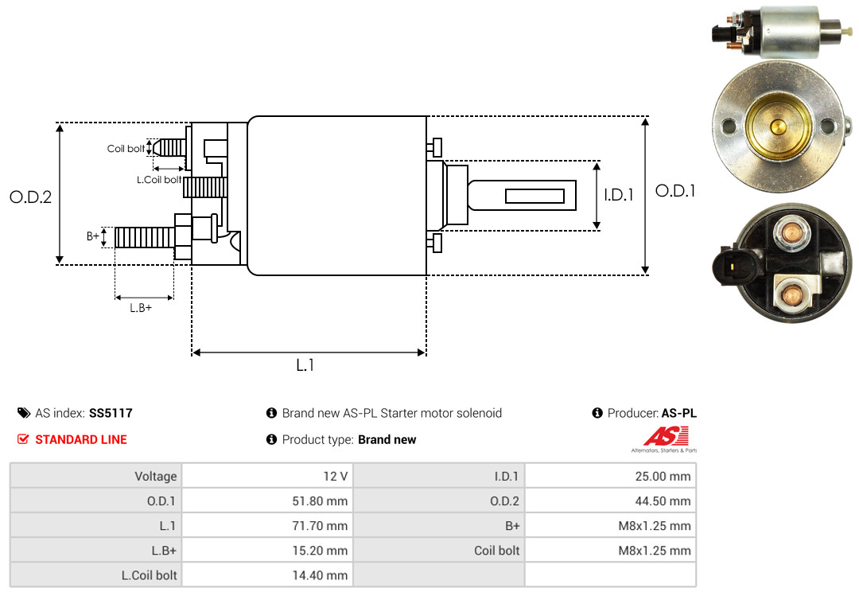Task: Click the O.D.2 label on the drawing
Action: click(x=31, y=197)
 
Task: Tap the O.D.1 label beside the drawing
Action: click(x=675, y=191)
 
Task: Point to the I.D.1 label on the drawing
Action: click(x=619, y=195)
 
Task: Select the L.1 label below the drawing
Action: click(x=305, y=365)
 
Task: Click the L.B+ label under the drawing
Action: click(x=141, y=308)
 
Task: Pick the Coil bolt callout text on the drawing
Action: click(x=126, y=149)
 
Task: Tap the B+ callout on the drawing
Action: click(x=92, y=236)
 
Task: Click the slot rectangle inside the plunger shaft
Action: click(x=534, y=196)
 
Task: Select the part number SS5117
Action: click(x=111, y=413)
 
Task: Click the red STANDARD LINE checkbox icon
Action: click(x=23, y=439)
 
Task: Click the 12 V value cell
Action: click(x=267, y=476)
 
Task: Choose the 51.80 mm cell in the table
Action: click(x=267, y=501)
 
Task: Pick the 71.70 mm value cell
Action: click(x=267, y=525)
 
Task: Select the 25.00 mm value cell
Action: click(x=610, y=476)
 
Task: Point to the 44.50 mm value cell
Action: click(x=610, y=501)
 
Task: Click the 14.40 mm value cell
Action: click(x=267, y=575)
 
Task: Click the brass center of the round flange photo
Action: click(x=778, y=127)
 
